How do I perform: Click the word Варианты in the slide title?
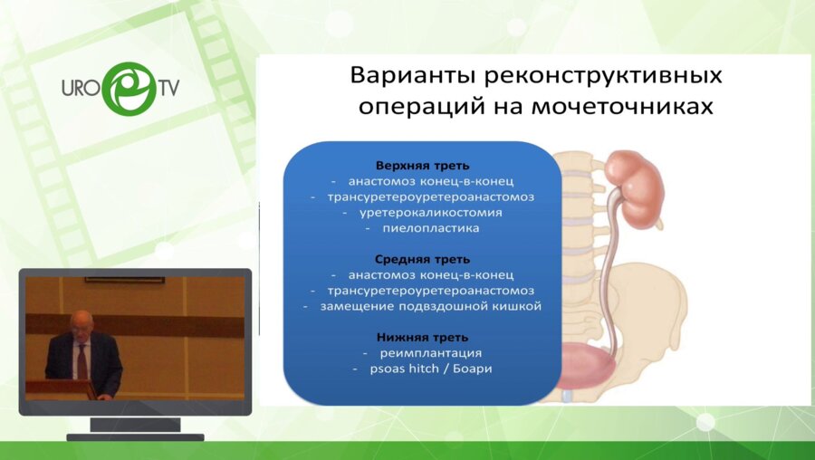[x=413, y=75]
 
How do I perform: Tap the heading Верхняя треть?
[x=423, y=166]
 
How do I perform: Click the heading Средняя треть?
[x=422, y=259]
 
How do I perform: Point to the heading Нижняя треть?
[x=423, y=338]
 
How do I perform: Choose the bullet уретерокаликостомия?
[x=431, y=213]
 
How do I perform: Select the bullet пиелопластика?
[x=431, y=228]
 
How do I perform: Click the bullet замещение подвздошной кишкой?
[x=431, y=306]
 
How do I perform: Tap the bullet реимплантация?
[x=431, y=353]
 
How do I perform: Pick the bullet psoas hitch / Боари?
[x=431, y=369]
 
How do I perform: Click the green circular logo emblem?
[x=129, y=89]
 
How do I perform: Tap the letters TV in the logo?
[x=168, y=87]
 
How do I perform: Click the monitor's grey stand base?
[x=135, y=437]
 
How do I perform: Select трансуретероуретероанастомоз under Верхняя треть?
[x=431, y=197]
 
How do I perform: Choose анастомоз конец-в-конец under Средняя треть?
[x=431, y=275]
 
